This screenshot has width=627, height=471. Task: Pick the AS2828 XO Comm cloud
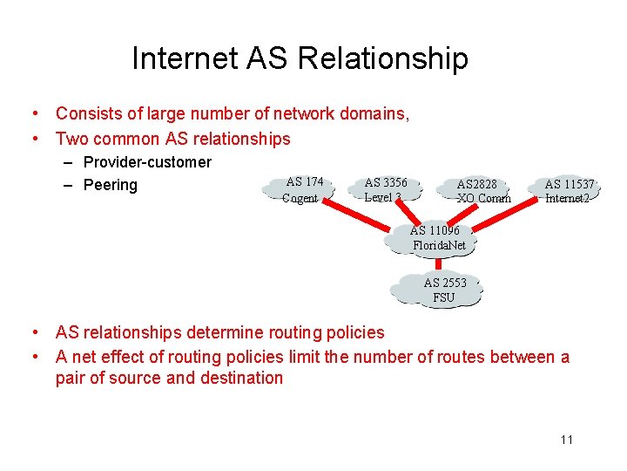[481, 191]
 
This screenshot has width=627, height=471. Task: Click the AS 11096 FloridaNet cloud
[438, 238]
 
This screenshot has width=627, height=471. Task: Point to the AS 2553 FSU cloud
[444, 290]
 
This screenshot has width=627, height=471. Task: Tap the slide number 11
[567, 440]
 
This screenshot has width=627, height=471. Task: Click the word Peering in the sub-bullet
[111, 185]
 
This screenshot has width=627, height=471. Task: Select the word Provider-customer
[147, 162]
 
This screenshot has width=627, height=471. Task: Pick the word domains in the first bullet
[376, 113]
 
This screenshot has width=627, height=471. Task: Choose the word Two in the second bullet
[72, 139]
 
